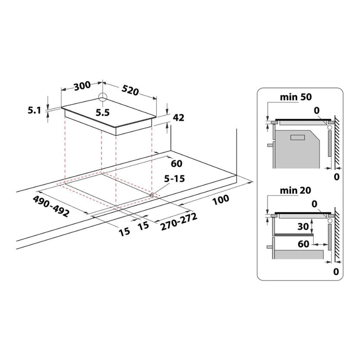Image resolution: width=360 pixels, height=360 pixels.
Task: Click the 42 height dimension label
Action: click(179, 118)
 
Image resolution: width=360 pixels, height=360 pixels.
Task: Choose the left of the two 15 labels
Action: click(124, 231)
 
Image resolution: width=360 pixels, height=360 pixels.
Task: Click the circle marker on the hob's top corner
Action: click(103, 97)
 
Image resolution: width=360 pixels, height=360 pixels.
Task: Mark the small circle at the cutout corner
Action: click(152, 195)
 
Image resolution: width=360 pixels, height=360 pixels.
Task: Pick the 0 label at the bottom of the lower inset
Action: click(336, 271)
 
